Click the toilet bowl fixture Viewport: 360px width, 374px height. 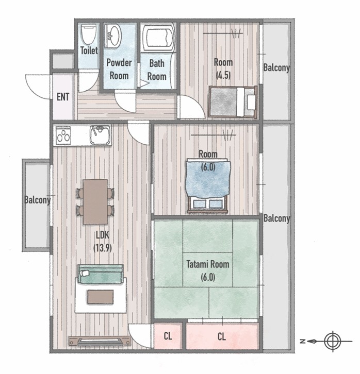point(89,34)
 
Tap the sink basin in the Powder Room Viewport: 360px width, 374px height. point(113,36)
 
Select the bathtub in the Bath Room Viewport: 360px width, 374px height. point(158,37)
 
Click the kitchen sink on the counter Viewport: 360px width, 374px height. point(100,135)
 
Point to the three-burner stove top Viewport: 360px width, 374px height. point(63,135)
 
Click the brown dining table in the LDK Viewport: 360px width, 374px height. point(95,202)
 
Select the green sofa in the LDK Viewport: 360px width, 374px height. point(101,274)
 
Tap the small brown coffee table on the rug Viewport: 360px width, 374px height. point(100,297)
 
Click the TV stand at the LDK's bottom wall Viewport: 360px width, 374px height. point(100,341)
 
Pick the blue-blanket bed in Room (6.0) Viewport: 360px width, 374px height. point(207,185)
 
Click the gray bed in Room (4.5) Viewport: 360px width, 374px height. point(233,102)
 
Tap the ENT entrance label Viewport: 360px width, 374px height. point(63,97)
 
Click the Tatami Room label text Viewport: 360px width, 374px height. point(208,264)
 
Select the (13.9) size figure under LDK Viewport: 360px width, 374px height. point(103,248)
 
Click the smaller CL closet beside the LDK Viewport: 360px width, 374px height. point(168,336)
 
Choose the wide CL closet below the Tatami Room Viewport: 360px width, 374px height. point(222,336)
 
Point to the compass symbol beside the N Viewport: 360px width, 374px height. point(333,342)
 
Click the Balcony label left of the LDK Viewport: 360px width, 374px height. point(38,200)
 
